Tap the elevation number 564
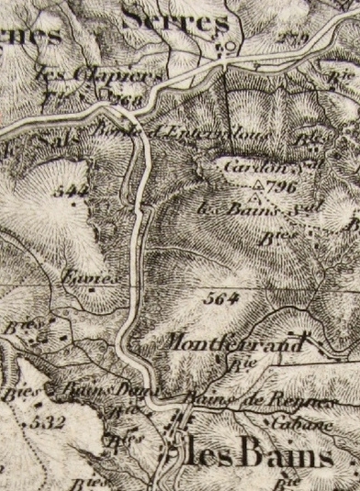point(223,298)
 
